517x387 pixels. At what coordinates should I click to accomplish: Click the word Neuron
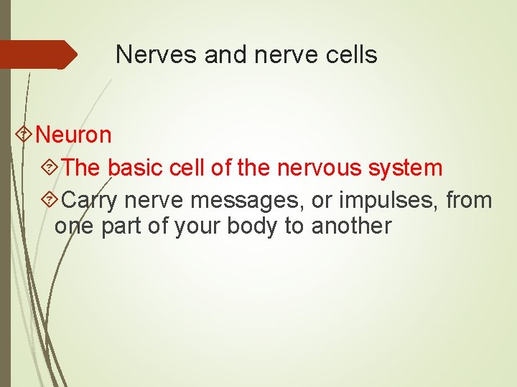[x=73, y=134]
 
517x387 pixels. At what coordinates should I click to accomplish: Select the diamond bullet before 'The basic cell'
[x=50, y=168]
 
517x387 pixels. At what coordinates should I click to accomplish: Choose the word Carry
[x=96, y=200]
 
